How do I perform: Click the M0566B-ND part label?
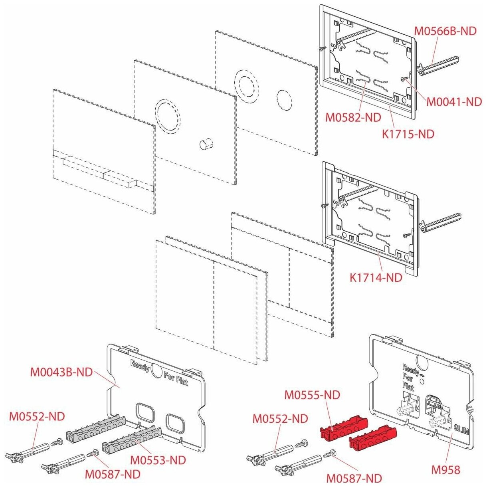pyautogui.click(x=445, y=31)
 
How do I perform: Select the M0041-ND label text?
pyautogui.click(x=454, y=102)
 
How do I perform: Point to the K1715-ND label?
pyautogui.click(x=408, y=134)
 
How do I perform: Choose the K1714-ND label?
pyautogui.click(x=376, y=277)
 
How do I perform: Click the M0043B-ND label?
pyautogui.click(x=61, y=372)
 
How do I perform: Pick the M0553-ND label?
pyautogui.click(x=158, y=460)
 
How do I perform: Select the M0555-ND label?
pyautogui.click(x=312, y=395)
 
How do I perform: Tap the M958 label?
pyautogui.click(x=445, y=470)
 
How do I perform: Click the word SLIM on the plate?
pyautogui.click(x=461, y=430)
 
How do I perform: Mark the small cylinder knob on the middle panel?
pyautogui.click(x=206, y=144)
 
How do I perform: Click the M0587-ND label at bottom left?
pyautogui.click(x=113, y=474)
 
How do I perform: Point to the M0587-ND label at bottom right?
pyautogui.click(x=354, y=478)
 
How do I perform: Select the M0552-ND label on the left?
pyautogui.click(x=37, y=416)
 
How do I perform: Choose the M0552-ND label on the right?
pyautogui.click(x=280, y=419)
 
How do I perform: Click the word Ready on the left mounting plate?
pyautogui.click(x=140, y=366)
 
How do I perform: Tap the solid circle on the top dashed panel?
pyautogui.click(x=285, y=99)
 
